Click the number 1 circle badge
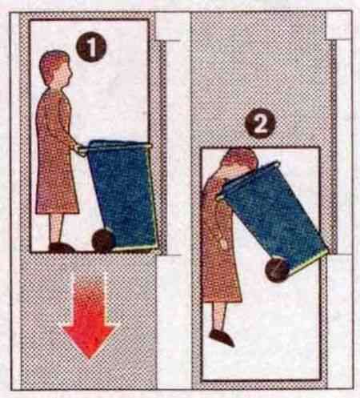pyautogui.click(x=91, y=47)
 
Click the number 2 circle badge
pyautogui.click(x=260, y=123)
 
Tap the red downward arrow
pyautogui.click(x=89, y=316)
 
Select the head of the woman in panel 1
pyautogui.click(x=55, y=68)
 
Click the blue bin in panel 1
pyautogui.click(x=122, y=195)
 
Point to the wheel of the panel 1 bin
pyautogui.click(x=103, y=241)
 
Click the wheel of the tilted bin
pyautogui.click(x=278, y=270)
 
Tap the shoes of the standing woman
pyautogui.click(x=62, y=247)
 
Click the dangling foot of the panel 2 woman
pyautogui.click(x=222, y=338)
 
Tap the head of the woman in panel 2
pyautogui.click(x=240, y=160)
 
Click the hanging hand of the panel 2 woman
pyautogui.click(x=223, y=243)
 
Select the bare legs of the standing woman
pyautogui.click(x=57, y=228)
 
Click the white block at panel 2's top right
pyautogui.click(x=338, y=26)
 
